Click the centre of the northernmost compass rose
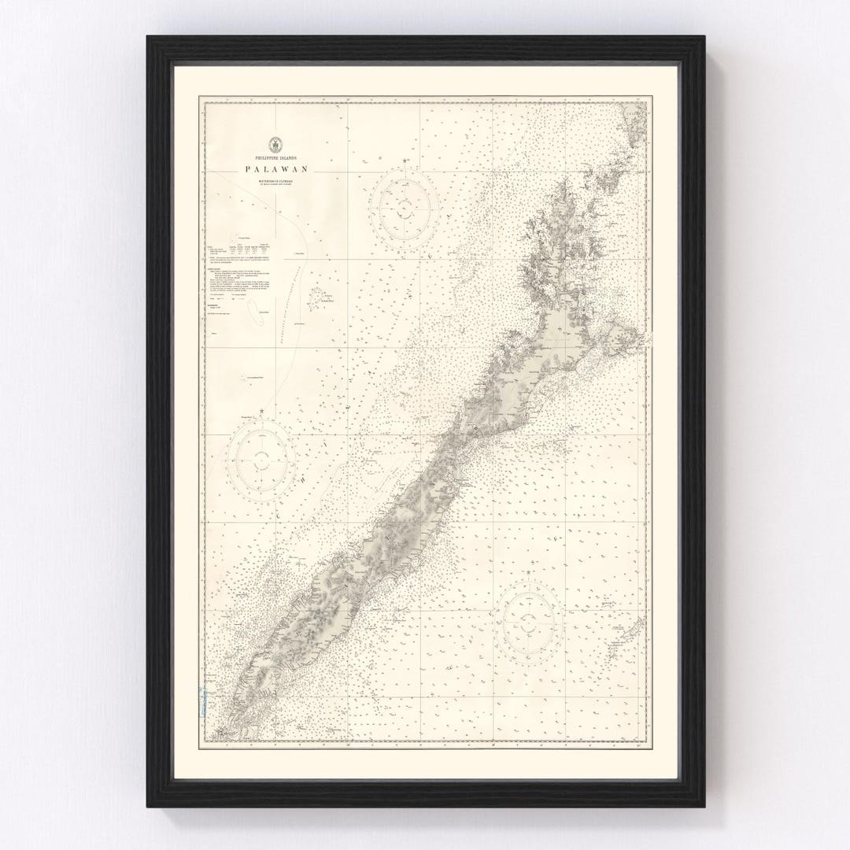pos(405,202)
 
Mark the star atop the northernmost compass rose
pos(405,161)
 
